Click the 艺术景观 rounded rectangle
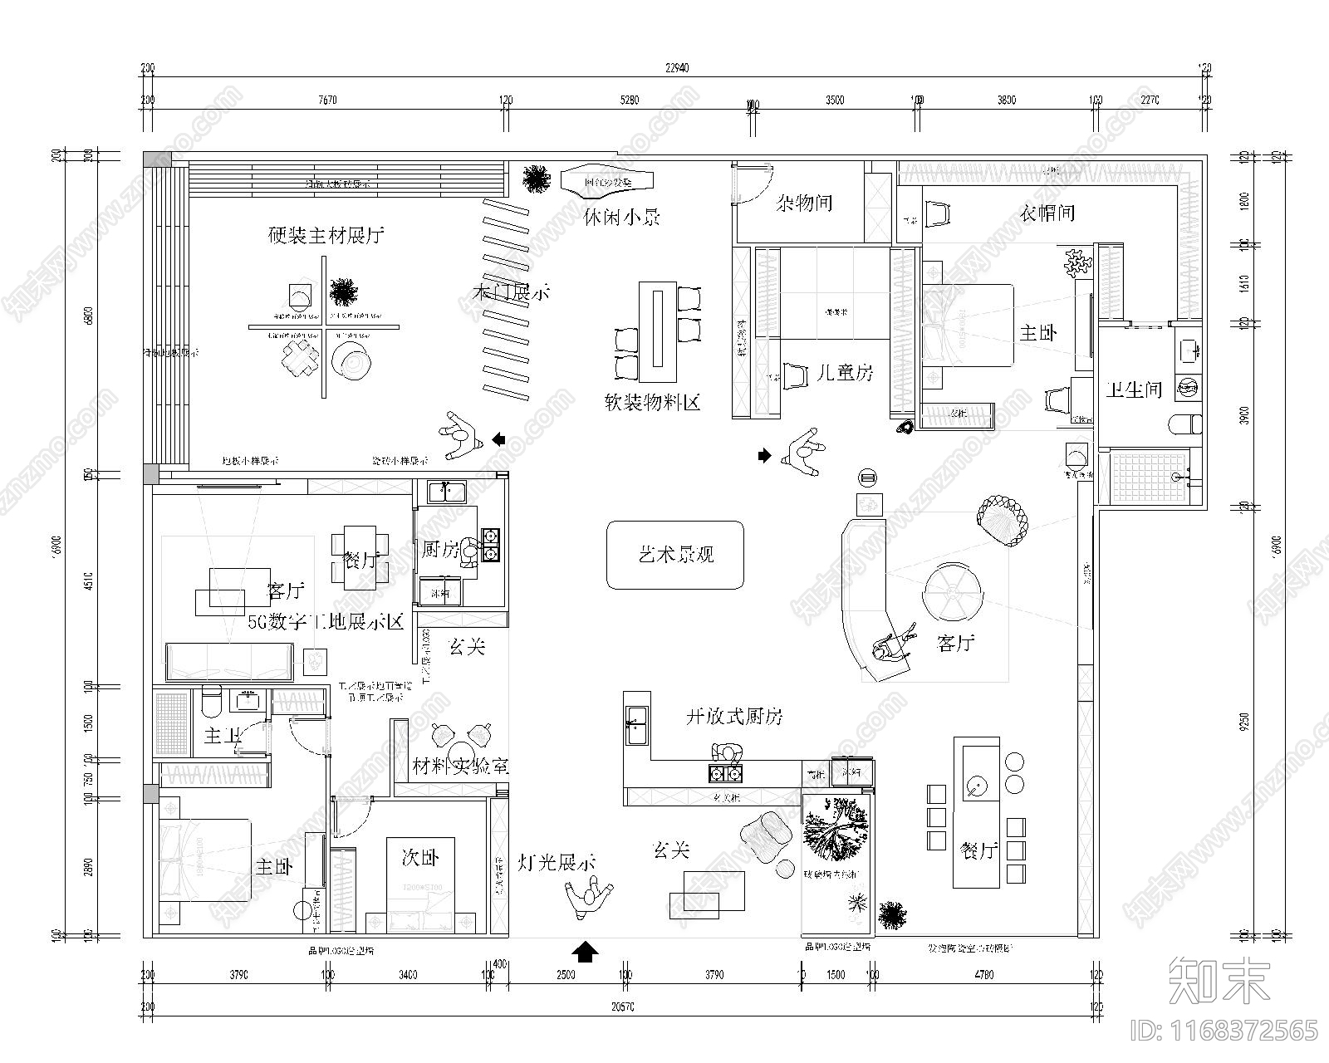(674, 555)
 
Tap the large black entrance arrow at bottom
(586, 952)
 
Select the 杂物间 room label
(804, 203)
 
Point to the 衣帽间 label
(1047, 213)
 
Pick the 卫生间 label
(1133, 389)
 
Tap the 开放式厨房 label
(734, 717)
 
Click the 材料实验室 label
(461, 766)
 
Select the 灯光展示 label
(557, 863)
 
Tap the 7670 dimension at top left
(327, 100)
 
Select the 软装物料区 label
(653, 403)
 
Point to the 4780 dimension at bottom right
(983, 975)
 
